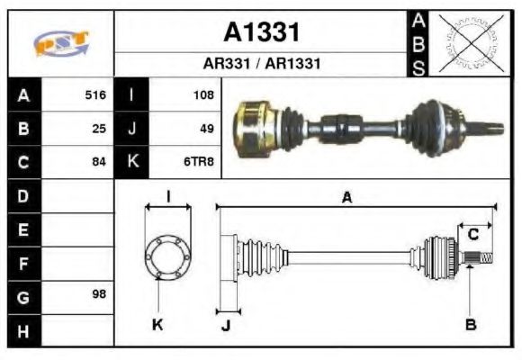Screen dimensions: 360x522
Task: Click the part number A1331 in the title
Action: click(x=261, y=32)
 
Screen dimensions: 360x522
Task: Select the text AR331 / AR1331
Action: click(x=261, y=65)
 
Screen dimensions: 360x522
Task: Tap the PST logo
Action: click(x=59, y=44)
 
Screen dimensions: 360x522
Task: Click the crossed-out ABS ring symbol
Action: click(x=468, y=42)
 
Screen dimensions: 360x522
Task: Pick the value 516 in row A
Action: click(x=95, y=94)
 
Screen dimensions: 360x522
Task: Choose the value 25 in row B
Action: click(x=99, y=129)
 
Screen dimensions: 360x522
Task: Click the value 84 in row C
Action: click(x=99, y=163)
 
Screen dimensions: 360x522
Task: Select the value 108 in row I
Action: click(x=202, y=94)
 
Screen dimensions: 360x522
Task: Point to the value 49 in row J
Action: click(x=206, y=129)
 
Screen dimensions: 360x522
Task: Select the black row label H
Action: click(x=23, y=330)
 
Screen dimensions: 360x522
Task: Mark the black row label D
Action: click(x=23, y=195)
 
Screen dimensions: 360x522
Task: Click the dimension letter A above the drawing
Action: click(x=346, y=198)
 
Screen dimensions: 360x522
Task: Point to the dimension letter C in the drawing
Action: click(x=472, y=236)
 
